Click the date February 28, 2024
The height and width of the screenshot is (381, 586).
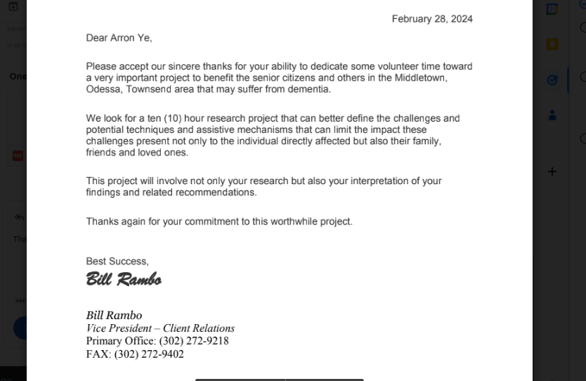click(432, 19)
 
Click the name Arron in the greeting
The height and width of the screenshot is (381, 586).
click(124, 38)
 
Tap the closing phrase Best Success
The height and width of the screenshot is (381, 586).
click(117, 261)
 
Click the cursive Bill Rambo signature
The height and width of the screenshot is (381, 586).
click(124, 280)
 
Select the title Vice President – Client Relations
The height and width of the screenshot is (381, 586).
click(160, 328)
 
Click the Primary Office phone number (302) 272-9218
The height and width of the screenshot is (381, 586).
click(194, 341)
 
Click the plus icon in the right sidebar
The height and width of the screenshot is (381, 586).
click(552, 172)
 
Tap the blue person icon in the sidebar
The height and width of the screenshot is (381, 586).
click(552, 115)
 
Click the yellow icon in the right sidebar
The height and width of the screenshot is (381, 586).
click(552, 44)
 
